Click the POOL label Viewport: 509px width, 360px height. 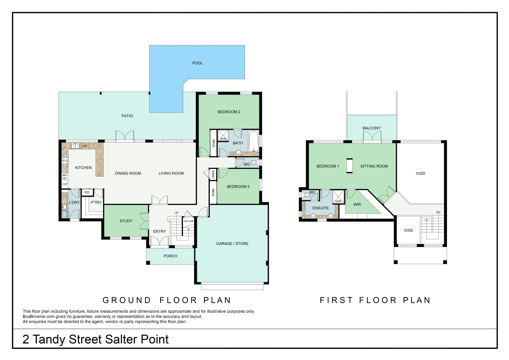coord(197,63)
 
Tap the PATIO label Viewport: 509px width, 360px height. coord(127,116)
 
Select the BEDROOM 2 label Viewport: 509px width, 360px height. coord(229,112)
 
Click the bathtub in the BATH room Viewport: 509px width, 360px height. coord(254,141)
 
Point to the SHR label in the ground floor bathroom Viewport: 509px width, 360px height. coord(223,139)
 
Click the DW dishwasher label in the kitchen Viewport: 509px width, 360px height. coord(85,146)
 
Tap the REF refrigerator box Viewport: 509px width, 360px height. coord(87,192)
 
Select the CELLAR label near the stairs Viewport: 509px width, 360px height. coord(189,221)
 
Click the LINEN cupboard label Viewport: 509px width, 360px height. coord(213,174)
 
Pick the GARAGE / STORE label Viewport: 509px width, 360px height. coord(232,244)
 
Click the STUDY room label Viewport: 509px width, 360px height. coord(126,221)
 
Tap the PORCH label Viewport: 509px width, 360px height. coord(170,256)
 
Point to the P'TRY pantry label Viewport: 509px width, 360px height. coord(96,202)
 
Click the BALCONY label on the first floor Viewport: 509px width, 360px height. coord(371,128)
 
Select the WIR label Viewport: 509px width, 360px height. coord(357,205)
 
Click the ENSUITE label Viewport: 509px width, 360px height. coord(320,208)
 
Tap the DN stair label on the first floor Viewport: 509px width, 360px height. coord(438,212)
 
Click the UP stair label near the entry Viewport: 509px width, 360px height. coord(177,213)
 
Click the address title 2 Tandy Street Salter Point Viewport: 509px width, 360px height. coord(95,339)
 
